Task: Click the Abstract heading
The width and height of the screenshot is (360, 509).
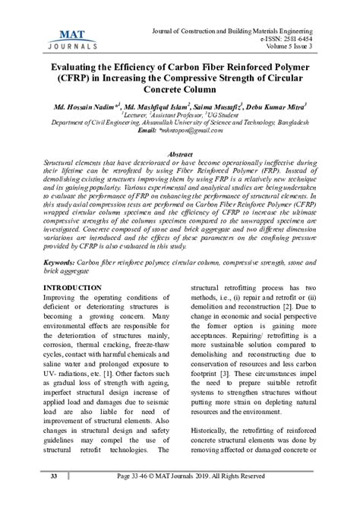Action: click(180, 154)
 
